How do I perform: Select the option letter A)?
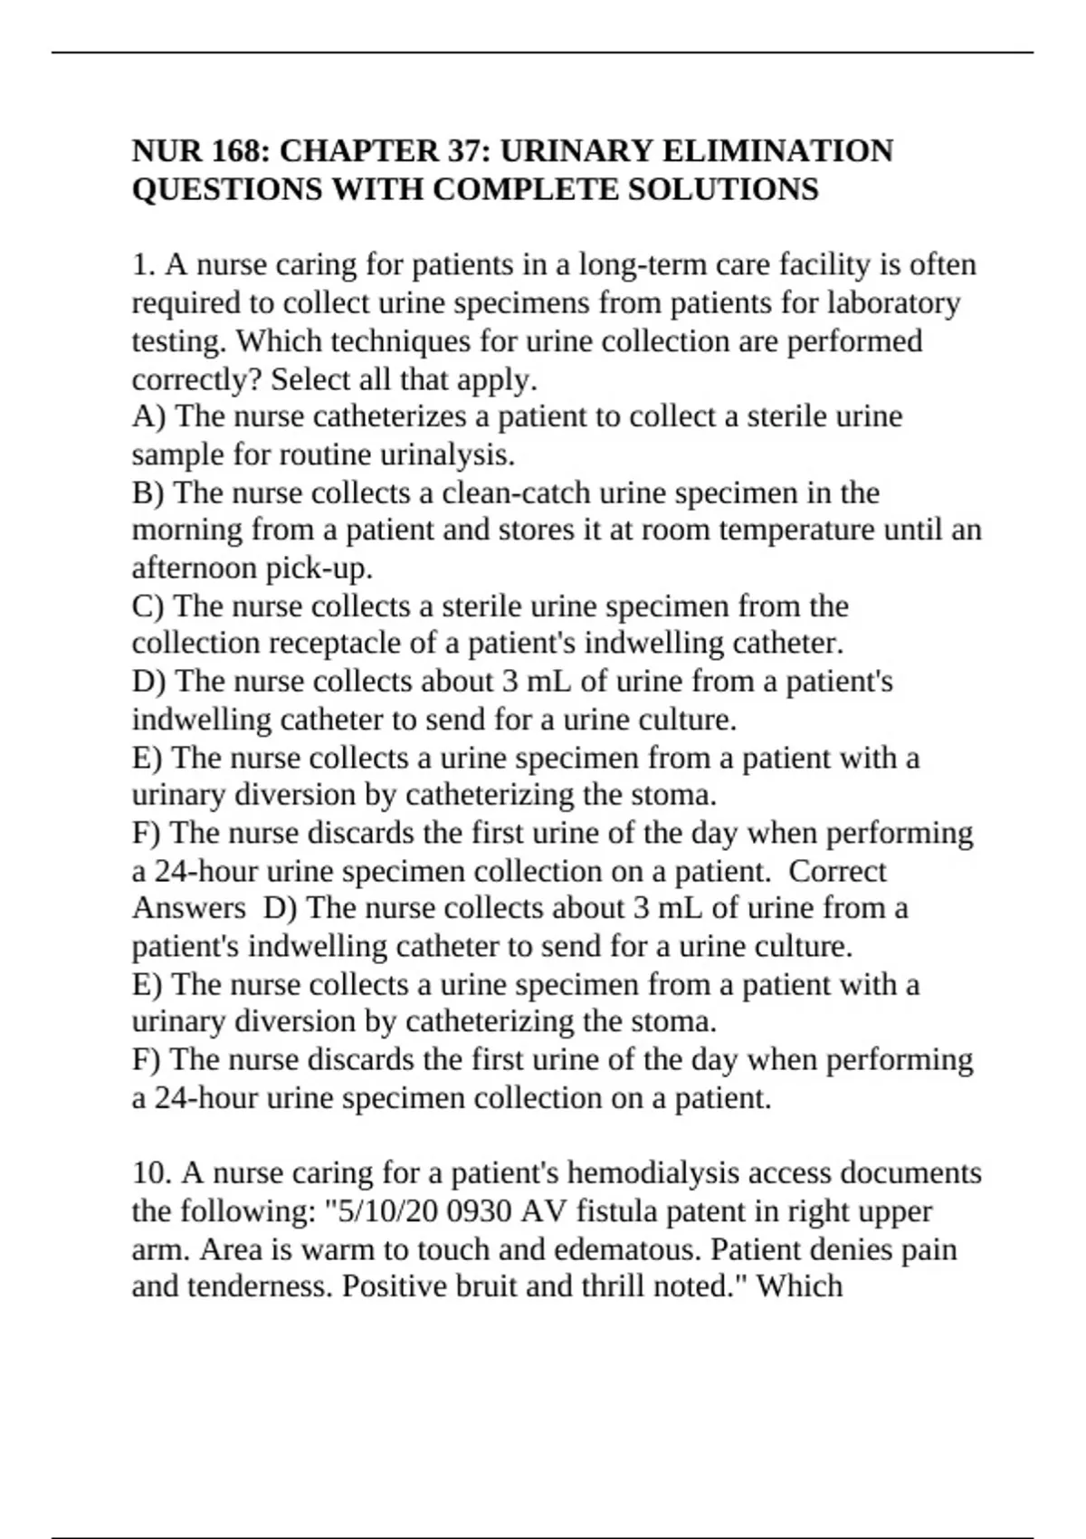tap(148, 416)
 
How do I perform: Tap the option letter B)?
tap(148, 492)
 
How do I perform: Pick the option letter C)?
tap(148, 606)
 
